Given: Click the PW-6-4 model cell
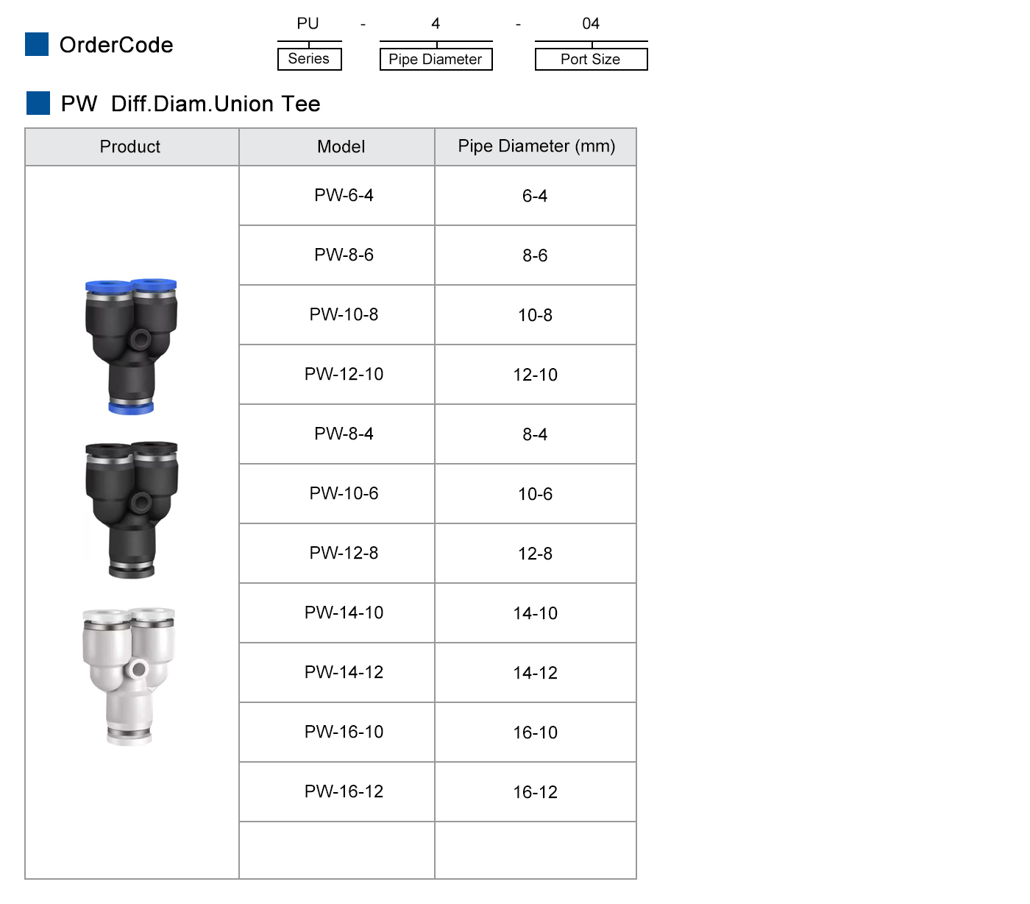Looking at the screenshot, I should click(x=344, y=195).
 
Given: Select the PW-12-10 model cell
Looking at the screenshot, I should click(x=344, y=374).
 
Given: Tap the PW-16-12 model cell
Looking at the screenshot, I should click(x=344, y=791).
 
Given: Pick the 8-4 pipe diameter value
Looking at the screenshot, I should click(x=535, y=434).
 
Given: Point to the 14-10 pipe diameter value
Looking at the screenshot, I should click(x=535, y=613).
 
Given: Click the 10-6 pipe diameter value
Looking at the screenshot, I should click(x=535, y=494).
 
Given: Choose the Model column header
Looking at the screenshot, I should click(x=341, y=146).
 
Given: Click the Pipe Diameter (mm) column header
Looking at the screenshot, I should click(x=536, y=146).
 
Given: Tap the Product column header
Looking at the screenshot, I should click(x=130, y=146).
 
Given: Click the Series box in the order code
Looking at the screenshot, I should click(x=309, y=59).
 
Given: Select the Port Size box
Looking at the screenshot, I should click(x=591, y=59).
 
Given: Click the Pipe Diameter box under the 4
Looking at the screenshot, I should click(x=436, y=59).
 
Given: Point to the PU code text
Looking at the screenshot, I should click(x=308, y=24).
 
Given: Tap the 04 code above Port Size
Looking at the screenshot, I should click(x=591, y=24).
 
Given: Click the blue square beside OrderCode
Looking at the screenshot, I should click(x=37, y=44).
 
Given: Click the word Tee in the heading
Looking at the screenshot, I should click(x=300, y=104).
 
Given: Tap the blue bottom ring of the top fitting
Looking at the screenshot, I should click(x=131, y=406).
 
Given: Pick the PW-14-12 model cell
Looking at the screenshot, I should click(x=344, y=672).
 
